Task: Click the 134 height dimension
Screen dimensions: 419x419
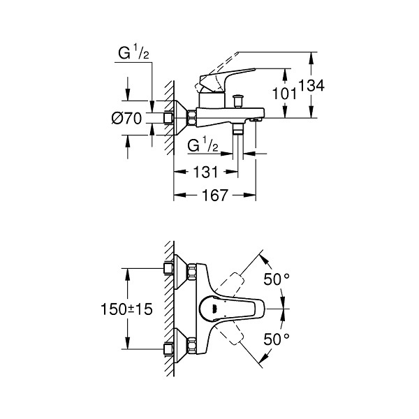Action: point(311,85)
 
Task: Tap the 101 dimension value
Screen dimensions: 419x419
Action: point(284,94)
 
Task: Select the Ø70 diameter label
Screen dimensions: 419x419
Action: point(126,118)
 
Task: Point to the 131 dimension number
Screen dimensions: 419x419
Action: point(205,172)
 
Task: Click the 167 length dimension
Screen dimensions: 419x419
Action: point(215,195)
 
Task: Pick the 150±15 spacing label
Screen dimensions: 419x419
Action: point(126,309)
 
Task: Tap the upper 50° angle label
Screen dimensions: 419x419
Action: point(277,279)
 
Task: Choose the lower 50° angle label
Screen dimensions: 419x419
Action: point(277,339)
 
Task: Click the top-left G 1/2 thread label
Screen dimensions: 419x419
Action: point(133,53)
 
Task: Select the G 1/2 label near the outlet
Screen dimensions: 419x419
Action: point(203,145)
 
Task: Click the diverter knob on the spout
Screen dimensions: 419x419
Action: point(237,101)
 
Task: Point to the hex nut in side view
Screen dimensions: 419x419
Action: point(191,117)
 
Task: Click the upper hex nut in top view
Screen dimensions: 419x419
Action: point(192,272)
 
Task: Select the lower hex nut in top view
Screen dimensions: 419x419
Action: point(192,346)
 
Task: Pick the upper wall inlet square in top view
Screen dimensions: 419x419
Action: point(168,268)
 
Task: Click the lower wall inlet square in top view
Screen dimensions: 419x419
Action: point(168,350)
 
